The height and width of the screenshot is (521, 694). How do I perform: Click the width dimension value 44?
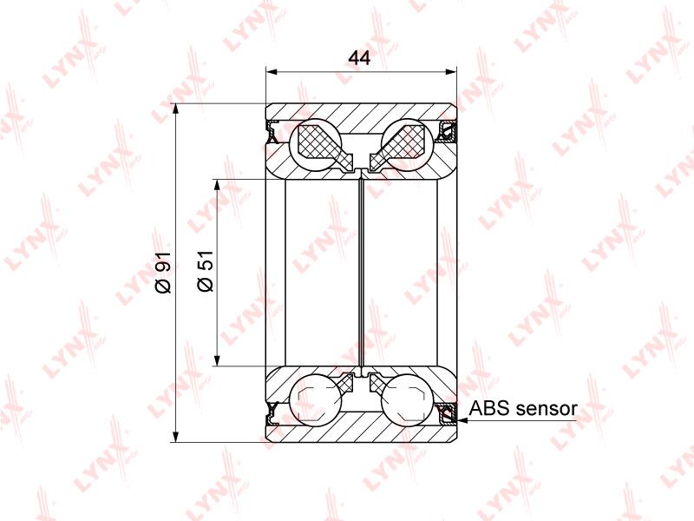[x=359, y=57]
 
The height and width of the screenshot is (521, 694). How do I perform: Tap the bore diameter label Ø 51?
[x=206, y=271]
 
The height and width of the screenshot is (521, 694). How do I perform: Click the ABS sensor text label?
[x=523, y=408]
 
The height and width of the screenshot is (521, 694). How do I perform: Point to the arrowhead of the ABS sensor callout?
[x=461, y=419]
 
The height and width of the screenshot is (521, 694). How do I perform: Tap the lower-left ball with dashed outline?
[x=315, y=401]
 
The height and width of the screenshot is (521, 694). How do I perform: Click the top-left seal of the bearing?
[x=271, y=131]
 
